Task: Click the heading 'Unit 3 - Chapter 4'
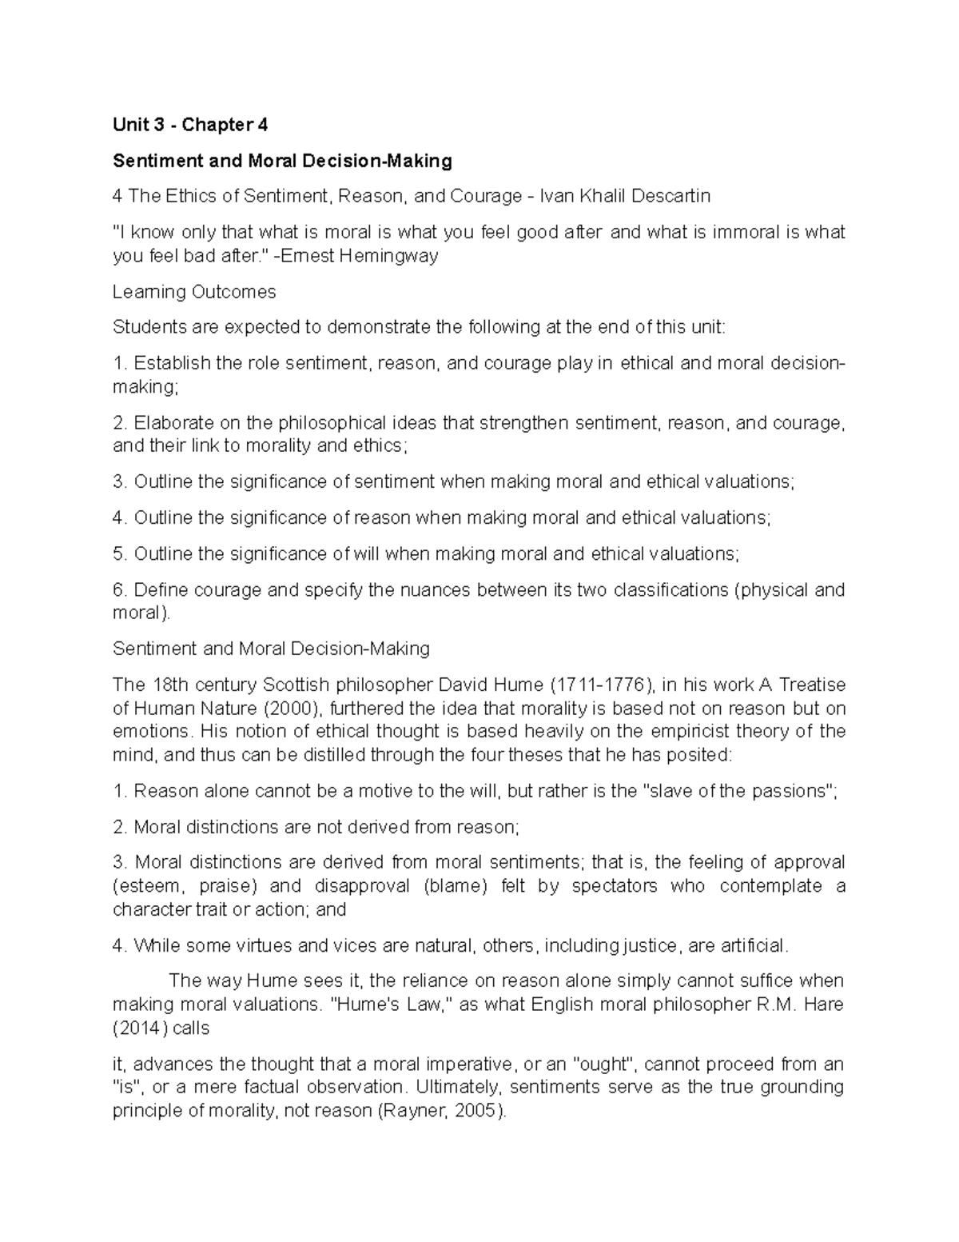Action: [190, 125]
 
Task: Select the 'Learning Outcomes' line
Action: [194, 292]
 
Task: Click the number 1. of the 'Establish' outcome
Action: [120, 364]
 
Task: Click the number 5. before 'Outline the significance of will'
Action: [120, 554]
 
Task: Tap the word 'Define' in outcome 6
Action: [159, 590]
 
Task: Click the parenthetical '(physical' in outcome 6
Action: [770, 590]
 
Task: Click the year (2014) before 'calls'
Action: [140, 1028]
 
